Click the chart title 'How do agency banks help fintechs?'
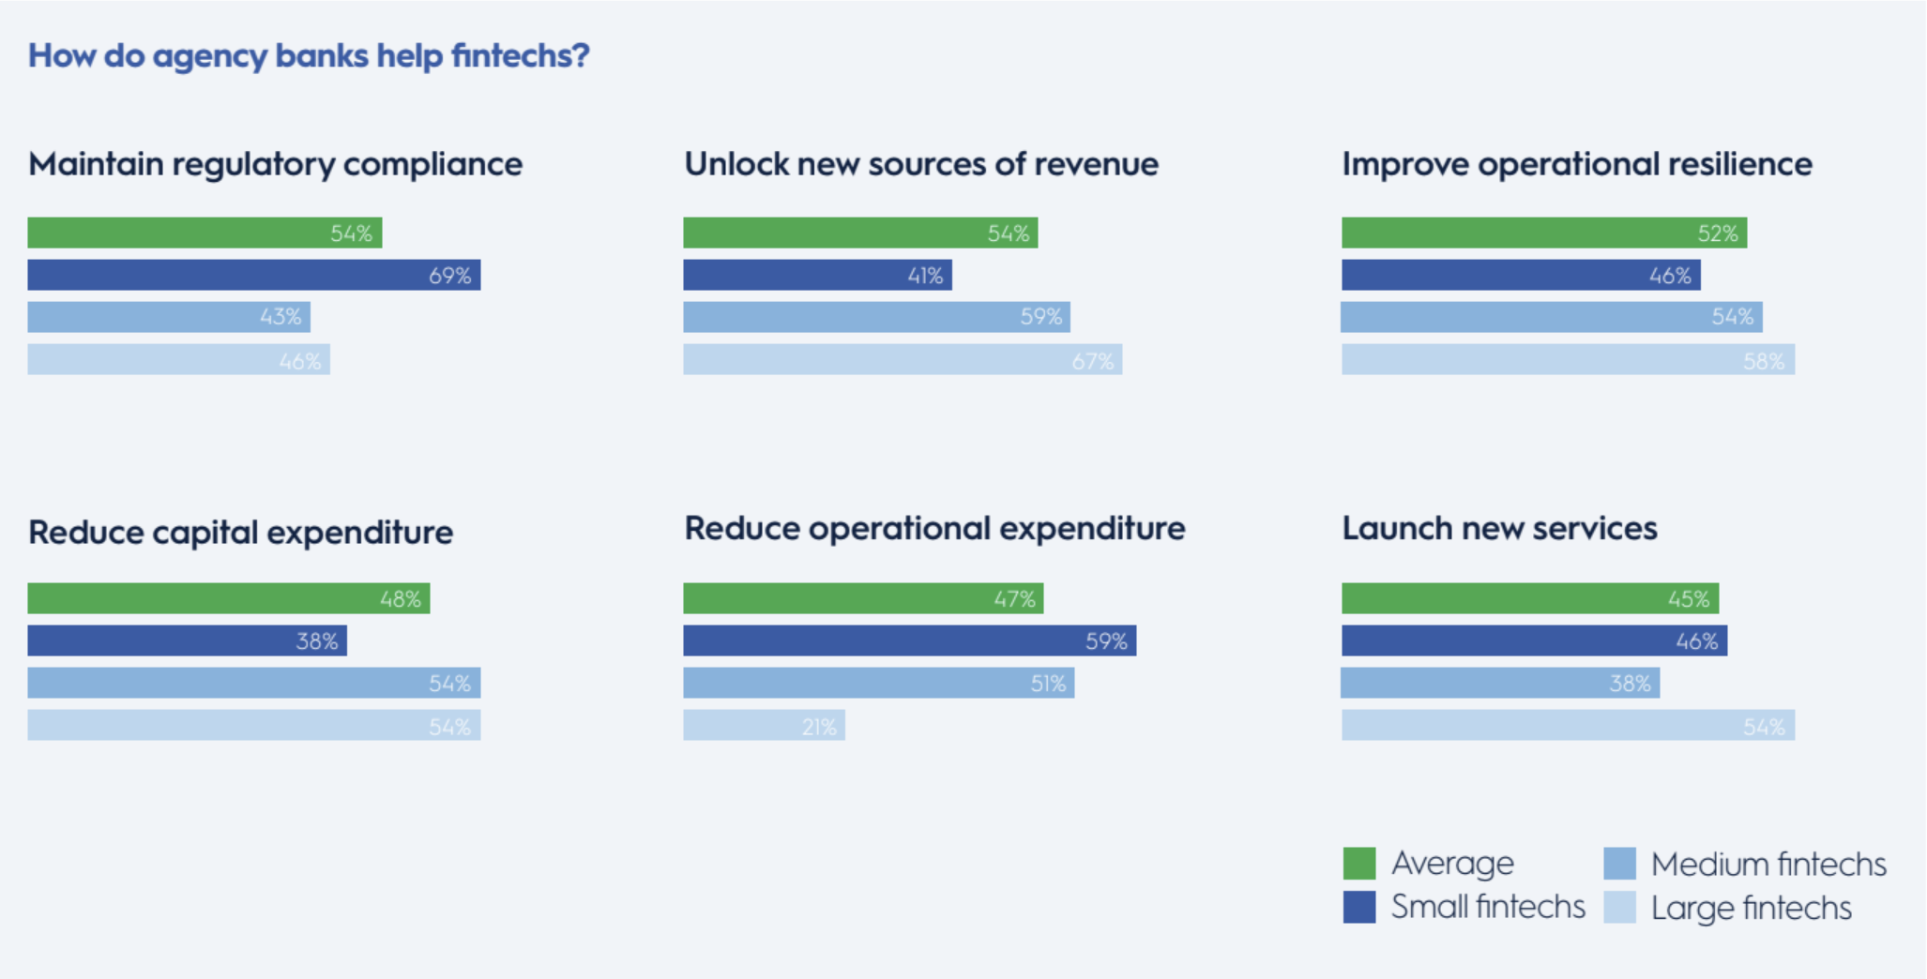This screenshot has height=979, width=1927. [x=309, y=55]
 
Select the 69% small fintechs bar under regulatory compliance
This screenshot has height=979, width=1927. [x=253, y=275]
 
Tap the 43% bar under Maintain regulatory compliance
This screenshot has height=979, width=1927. [x=169, y=317]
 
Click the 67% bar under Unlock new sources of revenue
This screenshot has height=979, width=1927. [x=903, y=360]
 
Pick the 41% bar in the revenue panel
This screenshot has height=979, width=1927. [x=817, y=275]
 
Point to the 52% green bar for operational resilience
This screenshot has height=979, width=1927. [x=1543, y=233]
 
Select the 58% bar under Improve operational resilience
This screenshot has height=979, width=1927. [x=1568, y=360]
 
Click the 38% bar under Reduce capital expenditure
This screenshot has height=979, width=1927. [x=187, y=641]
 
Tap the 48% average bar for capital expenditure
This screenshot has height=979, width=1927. [x=228, y=598]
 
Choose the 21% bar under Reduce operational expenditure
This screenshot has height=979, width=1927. [x=764, y=726]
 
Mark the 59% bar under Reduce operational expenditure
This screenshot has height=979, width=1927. [x=909, y=641]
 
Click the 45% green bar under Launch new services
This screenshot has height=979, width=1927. [x=1529, y=598]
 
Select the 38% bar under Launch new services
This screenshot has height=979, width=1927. [x=1500, y=683]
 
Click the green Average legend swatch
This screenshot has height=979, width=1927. [x=1359, y=863]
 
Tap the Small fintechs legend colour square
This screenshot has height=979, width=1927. [x=1359, y=907]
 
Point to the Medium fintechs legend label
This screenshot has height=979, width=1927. [x=1768, y=864]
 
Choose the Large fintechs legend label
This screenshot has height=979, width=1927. [x=1751, y=908]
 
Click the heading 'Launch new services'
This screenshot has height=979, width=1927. [x=1499, y=529]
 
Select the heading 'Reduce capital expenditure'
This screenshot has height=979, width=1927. [x=241, y=533]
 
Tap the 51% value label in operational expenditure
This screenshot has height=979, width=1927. [x=1048, y=684]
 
